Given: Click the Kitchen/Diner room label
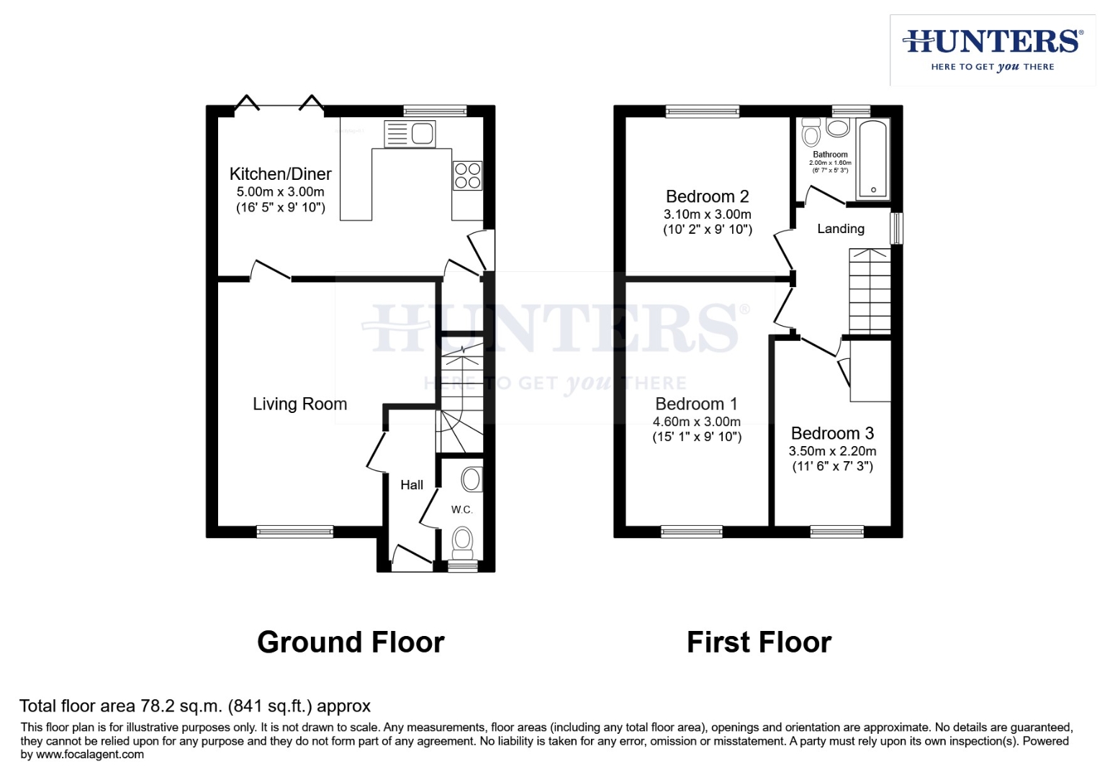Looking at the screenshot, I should click(280, 174).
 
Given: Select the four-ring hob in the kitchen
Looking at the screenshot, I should click(467, 176).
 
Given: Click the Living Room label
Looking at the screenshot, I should click(299, 404).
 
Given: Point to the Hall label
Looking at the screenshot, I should click(412, 485).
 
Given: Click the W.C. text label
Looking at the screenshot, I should click(461, 510).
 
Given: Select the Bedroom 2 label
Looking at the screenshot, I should click(707, 196).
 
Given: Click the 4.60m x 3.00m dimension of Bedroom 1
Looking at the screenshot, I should click(696, 422).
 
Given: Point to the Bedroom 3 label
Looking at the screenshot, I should click(832, 433).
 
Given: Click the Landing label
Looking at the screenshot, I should click(841, 229).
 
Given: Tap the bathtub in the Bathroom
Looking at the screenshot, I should click(872, 160).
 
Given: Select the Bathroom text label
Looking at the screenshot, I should click(830, 155).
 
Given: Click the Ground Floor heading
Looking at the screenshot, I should click(351, 642).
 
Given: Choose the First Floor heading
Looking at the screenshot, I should click(759, 642).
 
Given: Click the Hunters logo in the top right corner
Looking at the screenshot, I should click(992, 50).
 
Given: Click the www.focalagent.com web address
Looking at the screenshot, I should click(90, 755).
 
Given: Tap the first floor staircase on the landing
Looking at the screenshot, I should click(870, 291).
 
